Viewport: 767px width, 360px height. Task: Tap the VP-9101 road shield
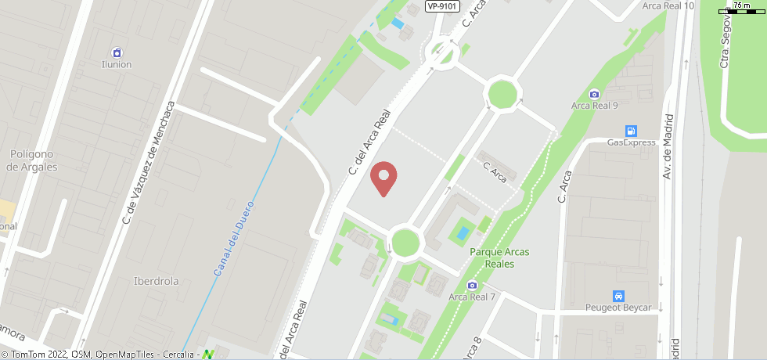pos(441,6)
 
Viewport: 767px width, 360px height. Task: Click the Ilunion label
pos(117,64)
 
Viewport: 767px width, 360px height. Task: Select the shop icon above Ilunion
pos(117,52)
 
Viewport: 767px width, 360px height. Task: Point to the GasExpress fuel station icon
pos(631,131)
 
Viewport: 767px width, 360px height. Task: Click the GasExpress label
pos(631,142)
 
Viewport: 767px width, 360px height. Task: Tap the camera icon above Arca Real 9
pos(594,94)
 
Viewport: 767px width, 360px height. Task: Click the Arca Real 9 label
pos(595,106)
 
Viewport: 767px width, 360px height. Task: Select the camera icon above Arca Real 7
pos(472,285)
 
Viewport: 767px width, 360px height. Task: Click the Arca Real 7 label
pos(472,297)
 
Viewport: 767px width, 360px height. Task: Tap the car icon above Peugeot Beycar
pos(618,296)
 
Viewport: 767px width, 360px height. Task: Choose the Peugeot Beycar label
pos(618,308)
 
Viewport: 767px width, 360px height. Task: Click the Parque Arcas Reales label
pos(499,257)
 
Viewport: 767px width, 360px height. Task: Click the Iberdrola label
pos(157,281)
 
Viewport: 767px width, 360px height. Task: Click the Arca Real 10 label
pos(668,5)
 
